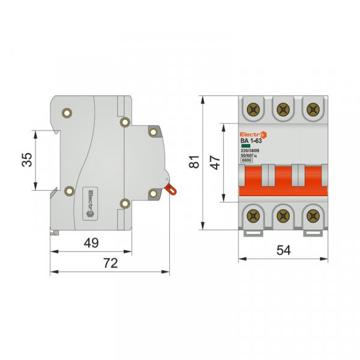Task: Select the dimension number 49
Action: (91, 243)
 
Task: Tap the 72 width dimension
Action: (110, 263)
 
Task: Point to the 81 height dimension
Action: (193, 163)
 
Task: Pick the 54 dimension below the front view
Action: (283, 251)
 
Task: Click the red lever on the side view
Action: (171, 189)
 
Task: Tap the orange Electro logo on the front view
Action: (252, 134)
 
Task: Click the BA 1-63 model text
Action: (251, 142)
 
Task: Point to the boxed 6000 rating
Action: (246, 161)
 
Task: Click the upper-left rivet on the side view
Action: (67, 112)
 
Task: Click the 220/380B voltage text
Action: (250, 151)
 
